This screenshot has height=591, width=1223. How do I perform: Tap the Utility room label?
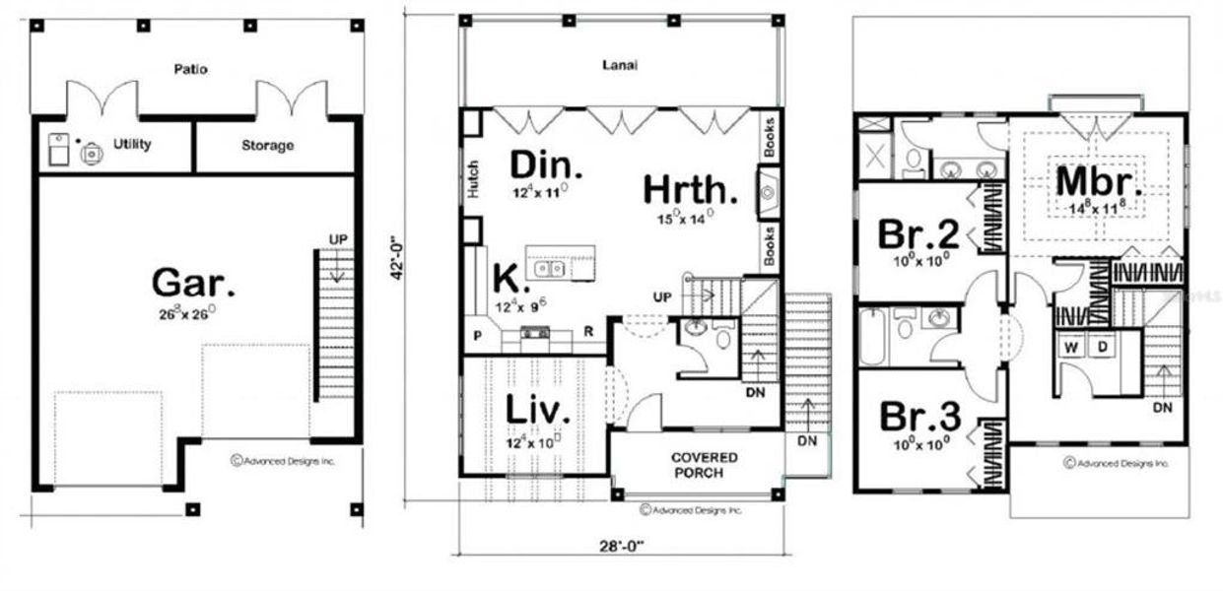pyautogui.click(x=131, y=145)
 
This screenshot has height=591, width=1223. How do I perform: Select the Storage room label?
pyautogui.click(x=267, y=146)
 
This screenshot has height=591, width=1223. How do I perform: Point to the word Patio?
pyautogui.click(x=190, y=70)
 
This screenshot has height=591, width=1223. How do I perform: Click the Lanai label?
pyautogui.click(x=620, y=66)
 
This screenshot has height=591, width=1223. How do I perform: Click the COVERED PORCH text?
pyautogui.click(x=705, y=465)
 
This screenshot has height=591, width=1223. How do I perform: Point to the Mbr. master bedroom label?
pyautogui.click(x=1099, y=181)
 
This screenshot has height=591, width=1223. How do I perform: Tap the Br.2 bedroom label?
pyautogui.click(x=918, y=235)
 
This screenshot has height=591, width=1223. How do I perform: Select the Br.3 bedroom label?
pyautogui.click(x=918, y=417)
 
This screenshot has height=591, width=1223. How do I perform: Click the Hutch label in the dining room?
pyautogui.click(x=473, y=180)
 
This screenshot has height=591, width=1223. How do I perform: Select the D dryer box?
pyautogui.click(x=1105, y=347)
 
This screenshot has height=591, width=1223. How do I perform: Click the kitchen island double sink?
pyautogui.click(x=549, y=268)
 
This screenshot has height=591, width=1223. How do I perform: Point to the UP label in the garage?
pyautogui.click(x=338, y=239)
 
